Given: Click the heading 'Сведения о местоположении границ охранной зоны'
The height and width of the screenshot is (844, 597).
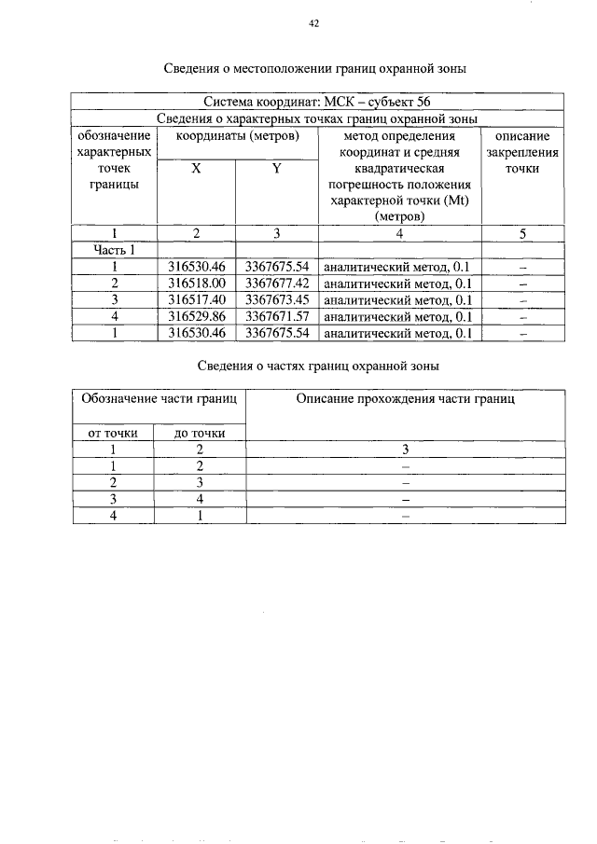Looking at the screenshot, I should click(314, 68).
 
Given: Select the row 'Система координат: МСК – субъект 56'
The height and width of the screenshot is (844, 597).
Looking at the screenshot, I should click(317, 102).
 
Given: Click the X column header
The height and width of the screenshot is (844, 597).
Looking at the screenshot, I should click(196, 170).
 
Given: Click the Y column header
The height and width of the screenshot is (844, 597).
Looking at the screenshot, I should click(276, 170).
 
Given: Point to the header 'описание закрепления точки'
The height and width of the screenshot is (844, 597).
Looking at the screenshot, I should click(522, 153).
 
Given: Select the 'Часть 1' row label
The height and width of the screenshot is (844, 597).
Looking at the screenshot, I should click(114, 250).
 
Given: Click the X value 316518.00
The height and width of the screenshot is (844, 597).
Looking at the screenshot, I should click(197, 283).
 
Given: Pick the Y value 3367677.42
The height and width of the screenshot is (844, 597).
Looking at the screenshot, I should click(276, 283).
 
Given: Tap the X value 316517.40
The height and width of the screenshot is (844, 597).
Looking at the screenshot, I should click(197, 299).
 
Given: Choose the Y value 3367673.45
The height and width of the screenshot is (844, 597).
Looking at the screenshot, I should click(276, 299).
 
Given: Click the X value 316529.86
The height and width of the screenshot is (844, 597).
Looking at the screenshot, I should click(197, 316).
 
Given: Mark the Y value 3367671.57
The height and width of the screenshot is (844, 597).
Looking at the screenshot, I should click(276, 316).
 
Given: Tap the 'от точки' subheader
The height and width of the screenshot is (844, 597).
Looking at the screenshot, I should click(114, 433).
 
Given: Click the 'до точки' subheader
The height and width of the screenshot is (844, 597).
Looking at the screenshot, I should click(200, 433).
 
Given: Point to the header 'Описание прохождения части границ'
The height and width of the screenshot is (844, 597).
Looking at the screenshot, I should click(405, 399).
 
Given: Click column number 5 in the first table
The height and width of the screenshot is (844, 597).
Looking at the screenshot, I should click(522, 234).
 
